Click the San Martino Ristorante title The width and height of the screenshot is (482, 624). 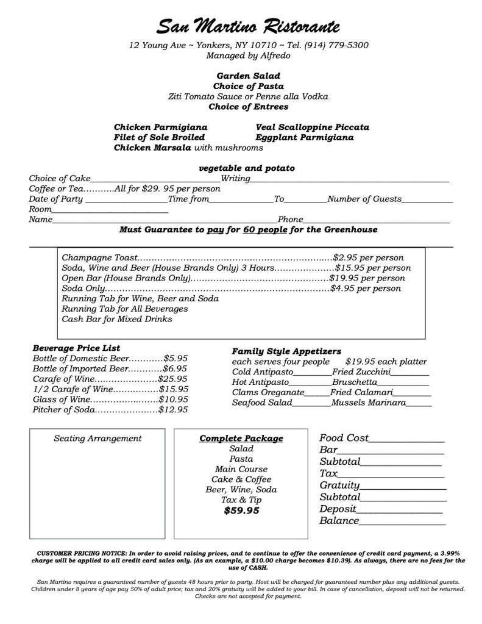(x=247, y=26)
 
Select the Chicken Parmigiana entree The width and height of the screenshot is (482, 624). (x=161, y=127)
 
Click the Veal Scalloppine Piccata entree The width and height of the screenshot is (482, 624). (x=313, y=127)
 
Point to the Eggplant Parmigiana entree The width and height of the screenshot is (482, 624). (x=305, y=138)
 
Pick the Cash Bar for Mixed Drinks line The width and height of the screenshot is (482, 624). (x=117, y=319)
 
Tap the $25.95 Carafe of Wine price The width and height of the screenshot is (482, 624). (x=173, y=378)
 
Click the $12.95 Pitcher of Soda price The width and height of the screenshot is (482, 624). (x=173, y=410)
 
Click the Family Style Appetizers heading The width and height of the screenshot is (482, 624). (x=286, y=351)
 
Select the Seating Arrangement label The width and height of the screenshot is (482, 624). (x=97, y=438)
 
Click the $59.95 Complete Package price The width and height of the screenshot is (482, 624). (x=241, y=511)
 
